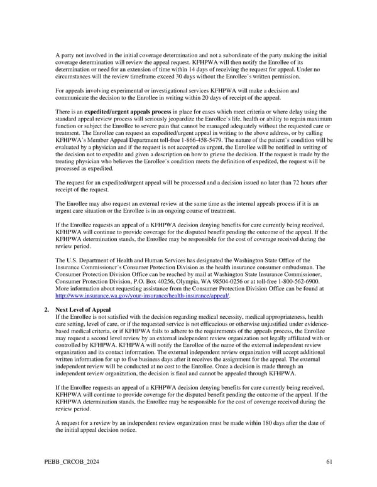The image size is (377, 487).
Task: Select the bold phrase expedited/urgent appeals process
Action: click(x=129, y=111)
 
